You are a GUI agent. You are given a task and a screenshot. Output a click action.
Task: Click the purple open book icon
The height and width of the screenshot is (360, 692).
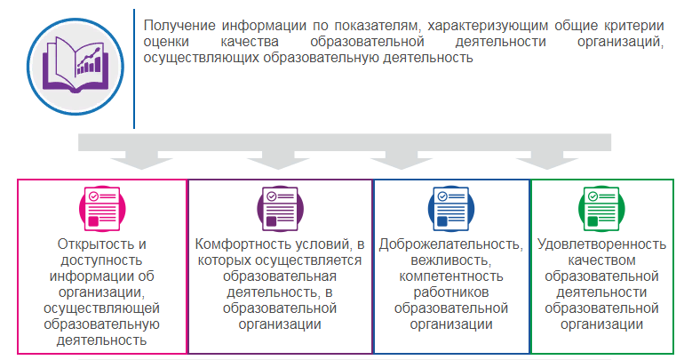click(75, 66)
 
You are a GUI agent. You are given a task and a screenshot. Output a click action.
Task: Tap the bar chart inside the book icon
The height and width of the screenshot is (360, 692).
click(90, 62)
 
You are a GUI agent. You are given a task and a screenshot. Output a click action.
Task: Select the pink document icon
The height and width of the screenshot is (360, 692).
click(102, 209)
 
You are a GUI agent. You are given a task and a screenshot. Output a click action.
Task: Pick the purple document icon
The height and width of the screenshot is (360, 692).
click(280, 209)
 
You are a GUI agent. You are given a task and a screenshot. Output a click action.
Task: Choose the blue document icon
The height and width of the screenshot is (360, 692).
click(451, 209)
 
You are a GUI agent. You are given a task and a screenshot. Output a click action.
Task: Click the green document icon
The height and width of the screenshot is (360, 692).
click(601, 209)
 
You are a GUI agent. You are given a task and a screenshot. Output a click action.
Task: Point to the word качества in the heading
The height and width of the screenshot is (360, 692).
click(250, 42)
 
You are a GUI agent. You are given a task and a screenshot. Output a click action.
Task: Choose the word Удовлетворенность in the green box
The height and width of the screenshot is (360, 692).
click(601, 244)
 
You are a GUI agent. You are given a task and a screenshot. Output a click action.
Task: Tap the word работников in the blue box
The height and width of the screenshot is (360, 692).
click(451, 292)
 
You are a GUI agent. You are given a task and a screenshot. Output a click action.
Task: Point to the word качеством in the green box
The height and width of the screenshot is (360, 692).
click(601, 260)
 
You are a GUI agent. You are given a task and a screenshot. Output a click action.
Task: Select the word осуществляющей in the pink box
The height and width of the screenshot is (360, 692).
click(101, 308)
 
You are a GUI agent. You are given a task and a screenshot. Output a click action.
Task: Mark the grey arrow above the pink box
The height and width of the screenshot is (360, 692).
click(141, 160)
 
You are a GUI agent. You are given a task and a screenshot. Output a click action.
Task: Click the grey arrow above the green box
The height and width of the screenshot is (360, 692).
click(547, 160)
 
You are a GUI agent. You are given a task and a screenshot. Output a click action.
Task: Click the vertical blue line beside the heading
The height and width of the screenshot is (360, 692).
click(134, 69)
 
